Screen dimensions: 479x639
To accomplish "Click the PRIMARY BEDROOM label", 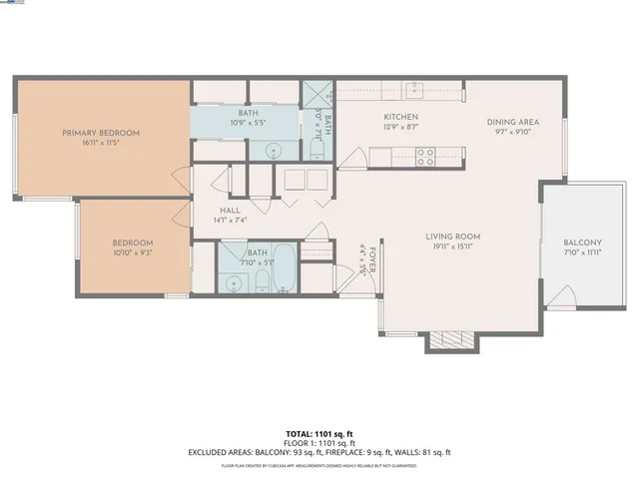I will click(101, 133).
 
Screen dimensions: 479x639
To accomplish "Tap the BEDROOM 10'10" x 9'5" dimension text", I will click(132, 253).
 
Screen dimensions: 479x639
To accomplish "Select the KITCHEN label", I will click(399, 118).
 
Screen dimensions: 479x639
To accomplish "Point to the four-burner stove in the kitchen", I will click(424, 156).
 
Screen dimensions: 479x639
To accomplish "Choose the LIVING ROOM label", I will click(452, 237).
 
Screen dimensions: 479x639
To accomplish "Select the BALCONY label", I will click(582, 242).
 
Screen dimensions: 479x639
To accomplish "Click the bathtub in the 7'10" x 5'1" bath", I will click(285, 266).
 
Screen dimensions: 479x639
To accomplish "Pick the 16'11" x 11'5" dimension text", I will click(101, 142).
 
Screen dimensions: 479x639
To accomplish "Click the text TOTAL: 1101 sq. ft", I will click(319, 434).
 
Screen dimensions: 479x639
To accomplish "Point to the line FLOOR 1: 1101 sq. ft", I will click(319, 443).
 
